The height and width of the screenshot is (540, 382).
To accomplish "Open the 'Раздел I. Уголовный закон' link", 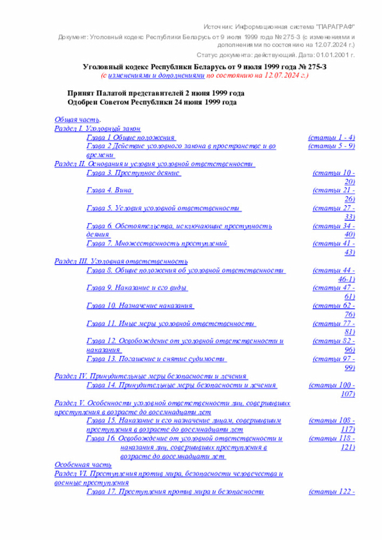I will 98,128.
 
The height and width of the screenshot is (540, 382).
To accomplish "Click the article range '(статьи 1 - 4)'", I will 332,137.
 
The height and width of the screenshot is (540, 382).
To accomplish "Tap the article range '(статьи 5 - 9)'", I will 332,146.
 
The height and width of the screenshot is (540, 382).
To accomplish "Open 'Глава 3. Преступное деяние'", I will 133,172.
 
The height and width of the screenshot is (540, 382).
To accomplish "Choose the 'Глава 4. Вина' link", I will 109,190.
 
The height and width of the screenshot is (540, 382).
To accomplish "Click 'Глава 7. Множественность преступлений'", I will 158,243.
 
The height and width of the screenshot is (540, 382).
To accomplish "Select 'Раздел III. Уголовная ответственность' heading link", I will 121,261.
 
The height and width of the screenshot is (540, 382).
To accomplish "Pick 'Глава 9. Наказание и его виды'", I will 137,288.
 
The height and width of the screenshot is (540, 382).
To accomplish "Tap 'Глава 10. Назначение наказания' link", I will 140,306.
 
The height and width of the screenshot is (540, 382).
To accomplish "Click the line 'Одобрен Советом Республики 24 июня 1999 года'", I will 152,102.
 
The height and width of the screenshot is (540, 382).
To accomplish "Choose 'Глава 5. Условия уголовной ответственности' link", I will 164,208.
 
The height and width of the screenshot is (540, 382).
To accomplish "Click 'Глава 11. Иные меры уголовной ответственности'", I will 171,323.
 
